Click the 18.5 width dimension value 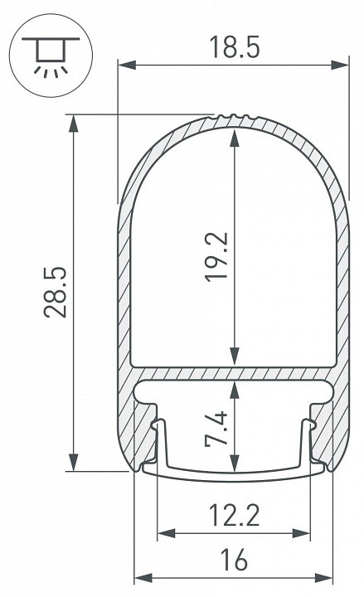[234, 48]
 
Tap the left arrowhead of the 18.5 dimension [124, 64]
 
